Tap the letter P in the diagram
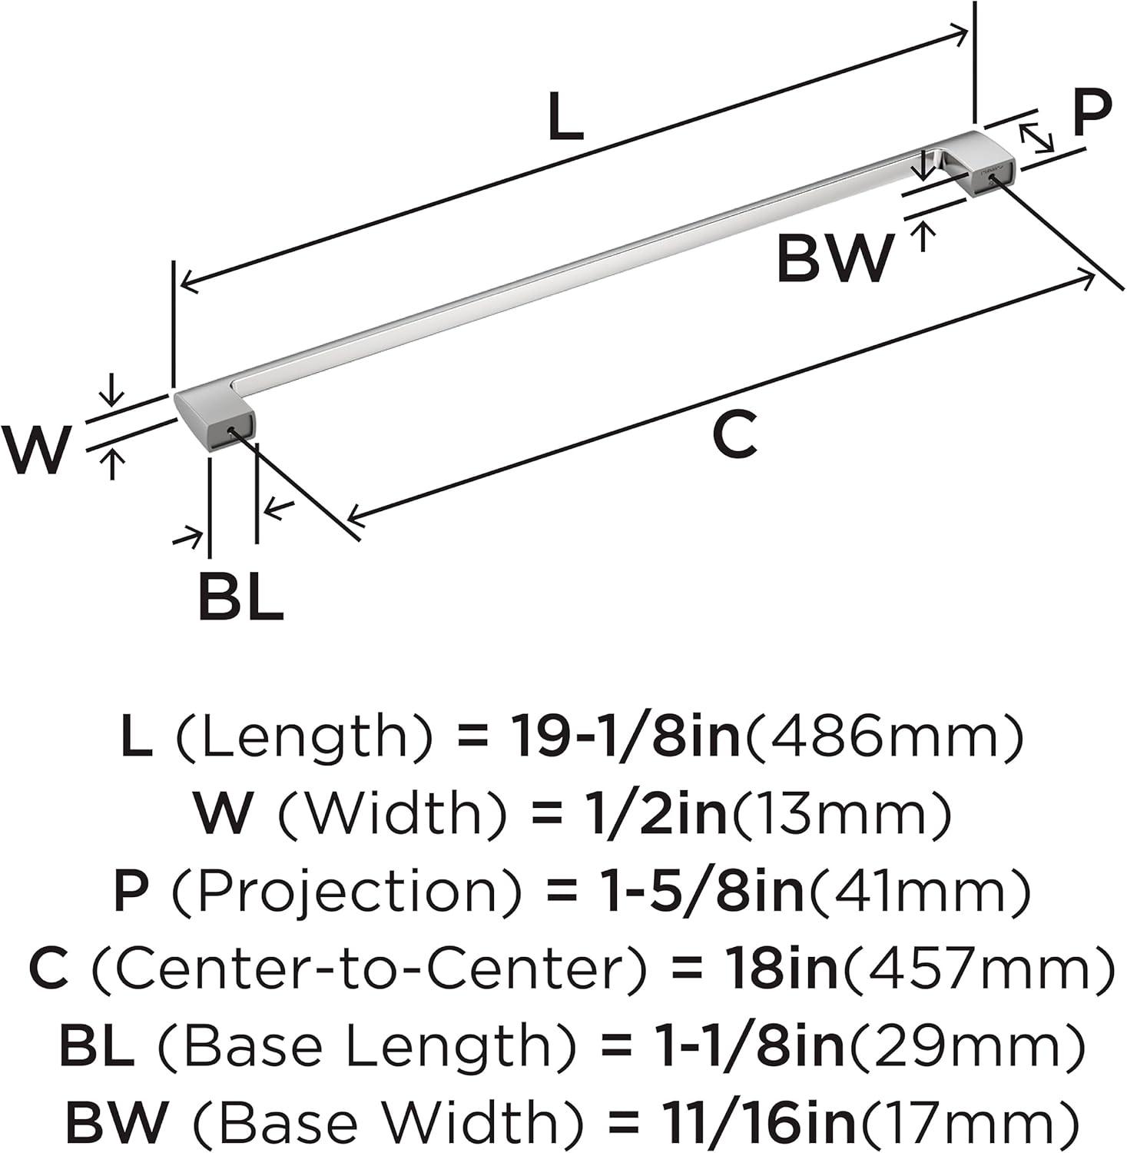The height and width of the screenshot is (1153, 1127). click(x=1092, y=112)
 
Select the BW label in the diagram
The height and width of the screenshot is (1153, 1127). click(x=835, y=258)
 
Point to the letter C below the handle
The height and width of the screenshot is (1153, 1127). click(x=735, y=435)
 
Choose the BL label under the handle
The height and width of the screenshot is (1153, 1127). click(x=241, y=596)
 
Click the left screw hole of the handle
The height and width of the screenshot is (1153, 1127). click(x=231, y=432)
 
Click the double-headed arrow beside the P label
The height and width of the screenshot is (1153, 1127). click(x=1036, y=136)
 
